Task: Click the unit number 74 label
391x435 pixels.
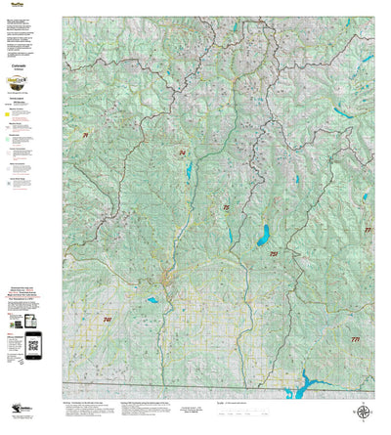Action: pos(182,153)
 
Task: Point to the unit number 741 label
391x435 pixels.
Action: pos(107,320)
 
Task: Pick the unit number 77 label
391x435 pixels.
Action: pos(368,230)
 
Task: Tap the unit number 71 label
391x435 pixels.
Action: pos(86,134)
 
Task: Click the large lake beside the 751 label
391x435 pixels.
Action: pos(263,235)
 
